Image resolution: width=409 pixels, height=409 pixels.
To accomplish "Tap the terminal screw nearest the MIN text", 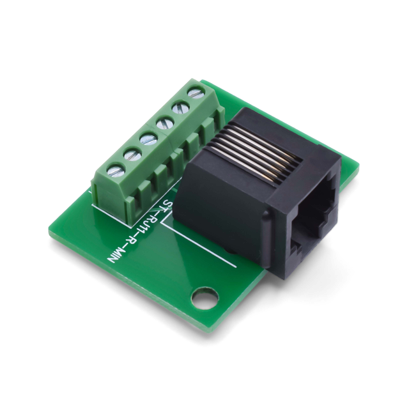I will click(x=116, y=171).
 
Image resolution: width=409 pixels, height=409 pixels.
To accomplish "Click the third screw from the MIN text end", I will click(x=149, y=138).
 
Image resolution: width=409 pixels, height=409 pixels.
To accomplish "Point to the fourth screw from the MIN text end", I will click(x=165, y=122).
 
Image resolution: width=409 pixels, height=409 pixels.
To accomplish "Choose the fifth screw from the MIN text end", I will click(x=180, y=107).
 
